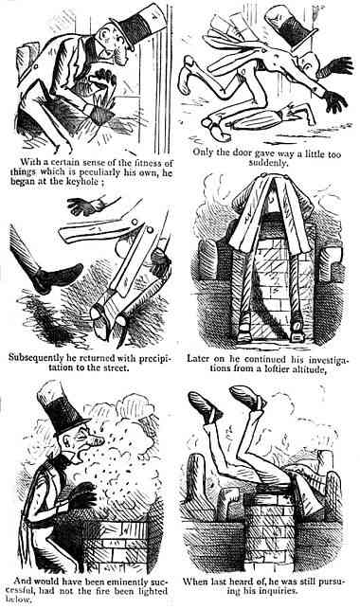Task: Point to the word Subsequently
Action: coord(45,334)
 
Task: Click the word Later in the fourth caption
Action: coord(208,334)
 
